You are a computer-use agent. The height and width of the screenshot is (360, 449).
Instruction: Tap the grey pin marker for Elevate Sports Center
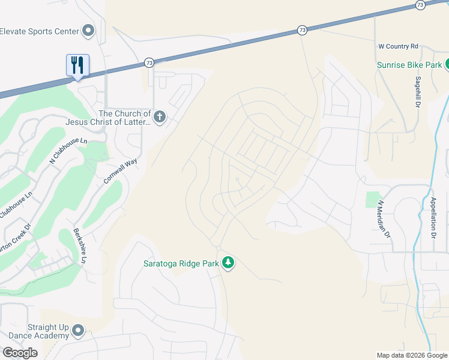pos(88,30)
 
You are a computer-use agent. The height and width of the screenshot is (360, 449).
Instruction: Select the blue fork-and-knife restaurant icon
pos(77,64)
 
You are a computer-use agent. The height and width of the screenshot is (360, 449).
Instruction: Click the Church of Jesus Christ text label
pos(125,118)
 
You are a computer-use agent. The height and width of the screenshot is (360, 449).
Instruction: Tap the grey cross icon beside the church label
pos(159,116)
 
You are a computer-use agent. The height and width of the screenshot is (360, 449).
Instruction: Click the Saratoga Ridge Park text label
pos(181,263)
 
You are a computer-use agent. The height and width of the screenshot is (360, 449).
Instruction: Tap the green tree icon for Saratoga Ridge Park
pos(228,262)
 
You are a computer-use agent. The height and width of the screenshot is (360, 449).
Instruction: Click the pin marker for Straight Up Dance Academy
pos(78,330)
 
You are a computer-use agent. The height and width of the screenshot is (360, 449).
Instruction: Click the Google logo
pos(20,353)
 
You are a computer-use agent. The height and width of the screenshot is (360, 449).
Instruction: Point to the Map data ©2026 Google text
pos(412,355)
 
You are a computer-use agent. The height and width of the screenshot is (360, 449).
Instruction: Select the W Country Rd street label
pos(398,46)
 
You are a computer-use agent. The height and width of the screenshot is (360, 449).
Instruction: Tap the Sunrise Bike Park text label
pos(409,65)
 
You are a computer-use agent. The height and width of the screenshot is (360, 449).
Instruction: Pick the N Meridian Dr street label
pos(383,218)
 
